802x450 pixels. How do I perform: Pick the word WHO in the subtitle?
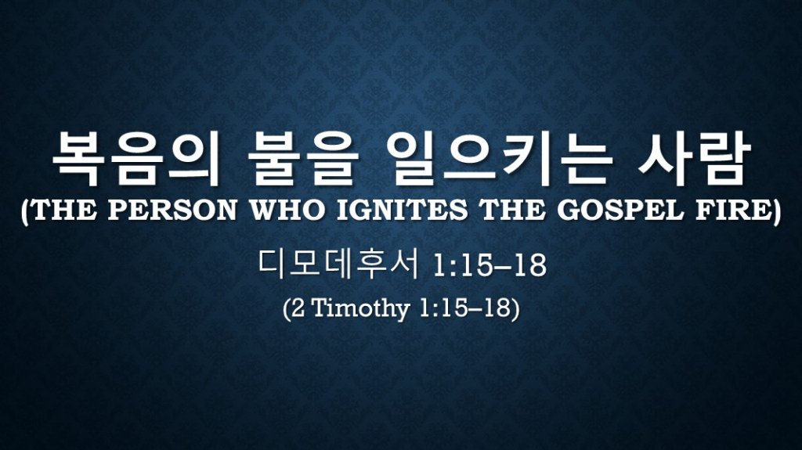(x=287, y=211)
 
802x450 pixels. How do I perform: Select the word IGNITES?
(x=402, y=211)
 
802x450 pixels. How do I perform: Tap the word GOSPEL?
(x=620, y=211)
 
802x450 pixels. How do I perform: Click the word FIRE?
(x=731, y=211)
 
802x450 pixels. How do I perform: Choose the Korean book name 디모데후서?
(x=338, y=264)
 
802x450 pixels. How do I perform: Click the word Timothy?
(x=360, y=309)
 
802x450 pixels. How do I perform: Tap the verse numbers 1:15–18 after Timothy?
(x=464, y=308)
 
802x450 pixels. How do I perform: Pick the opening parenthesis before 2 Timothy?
(x=287, y=309)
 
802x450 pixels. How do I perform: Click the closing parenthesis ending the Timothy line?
(x=515, y=309)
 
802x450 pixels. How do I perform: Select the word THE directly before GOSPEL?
(x=512, y=211)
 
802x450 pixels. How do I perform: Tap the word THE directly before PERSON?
(x=64, y=211)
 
